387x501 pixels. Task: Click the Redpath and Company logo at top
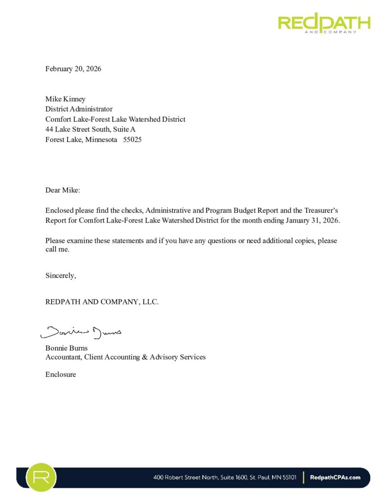(x=324, y=23)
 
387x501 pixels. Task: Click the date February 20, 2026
(x=73, y=69)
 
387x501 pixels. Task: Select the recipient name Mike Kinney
(x=66, y=99)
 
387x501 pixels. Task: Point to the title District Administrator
(x=79, y=109)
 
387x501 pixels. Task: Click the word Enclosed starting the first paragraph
(x=59, y=210)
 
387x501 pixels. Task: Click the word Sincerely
(x=61, y=275)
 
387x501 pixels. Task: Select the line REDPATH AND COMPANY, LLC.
(x=102, y=302)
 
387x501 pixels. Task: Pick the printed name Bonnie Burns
(x=67, y=348)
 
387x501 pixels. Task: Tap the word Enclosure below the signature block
(x=61, y=375)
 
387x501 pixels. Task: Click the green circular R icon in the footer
(x=41, y=477)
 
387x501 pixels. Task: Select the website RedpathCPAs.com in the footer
(x=336, y=478)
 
